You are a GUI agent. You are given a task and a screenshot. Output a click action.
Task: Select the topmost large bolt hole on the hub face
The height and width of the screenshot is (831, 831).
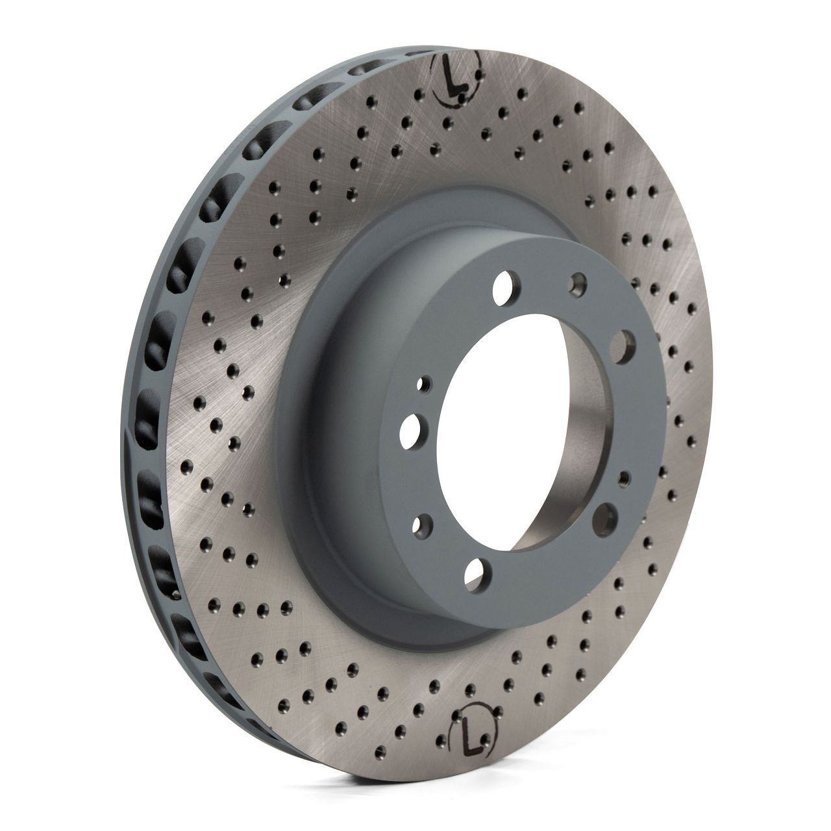(x=506, y=284)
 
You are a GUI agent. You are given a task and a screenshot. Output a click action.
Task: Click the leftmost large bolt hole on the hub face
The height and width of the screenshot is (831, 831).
(x=412, y=431)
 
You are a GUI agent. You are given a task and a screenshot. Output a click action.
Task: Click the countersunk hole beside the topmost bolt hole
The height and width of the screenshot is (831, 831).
(x=578, y=283)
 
